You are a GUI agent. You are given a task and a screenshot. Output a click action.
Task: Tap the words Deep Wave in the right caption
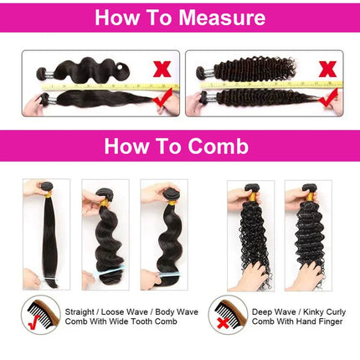pyautogui.click(x=271, y=309)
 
